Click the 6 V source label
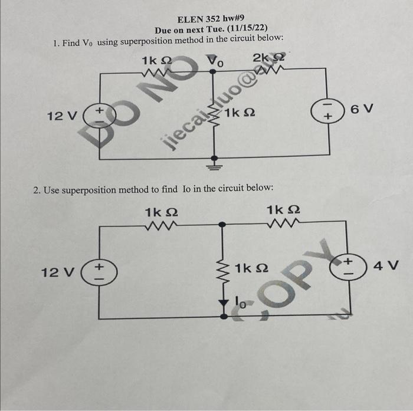point(362,110)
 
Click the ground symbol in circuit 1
point(214,163)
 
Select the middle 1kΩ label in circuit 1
point(238,112)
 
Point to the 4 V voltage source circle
point(349,264)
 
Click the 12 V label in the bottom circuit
point(57,272)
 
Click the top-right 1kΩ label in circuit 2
point(284,210)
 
